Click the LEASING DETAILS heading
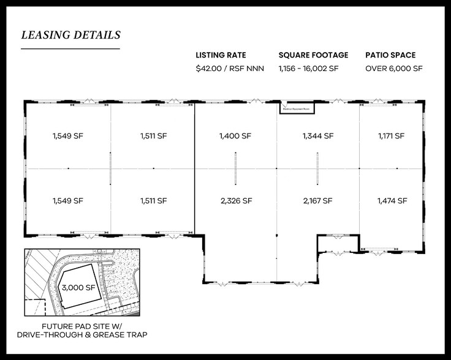[70, 35]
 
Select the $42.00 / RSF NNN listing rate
[229, 69]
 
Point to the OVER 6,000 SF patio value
[395, 69]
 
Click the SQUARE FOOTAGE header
[313, 54]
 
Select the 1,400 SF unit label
[235, 136]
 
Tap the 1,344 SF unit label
[317, 136]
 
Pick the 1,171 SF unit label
[391, 136]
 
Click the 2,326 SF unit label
[235, 200]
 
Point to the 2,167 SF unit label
[317, 200]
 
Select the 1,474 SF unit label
[392, 200]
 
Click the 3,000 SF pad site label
[78, 287]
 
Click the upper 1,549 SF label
[67, 136]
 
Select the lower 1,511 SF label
[153, 200]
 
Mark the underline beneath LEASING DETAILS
[70, 48]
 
